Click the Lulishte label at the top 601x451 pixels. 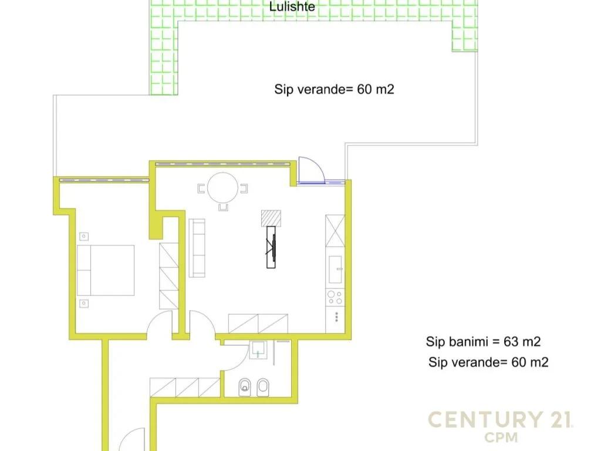point(292,7)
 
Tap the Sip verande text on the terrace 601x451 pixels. point(334,89)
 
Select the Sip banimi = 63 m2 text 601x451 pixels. point(483,341)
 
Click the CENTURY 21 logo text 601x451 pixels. point(501,420)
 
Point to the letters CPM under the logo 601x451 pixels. point(501,437)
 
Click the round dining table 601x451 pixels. point(223,187)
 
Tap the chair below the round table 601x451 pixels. point(223,207)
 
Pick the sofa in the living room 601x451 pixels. point(197,248)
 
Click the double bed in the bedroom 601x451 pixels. point(106,270)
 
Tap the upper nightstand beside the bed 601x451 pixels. point(84,237)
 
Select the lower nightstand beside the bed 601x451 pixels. point(84,303)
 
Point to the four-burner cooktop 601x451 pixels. point(335,297)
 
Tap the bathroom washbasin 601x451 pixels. point(258,351)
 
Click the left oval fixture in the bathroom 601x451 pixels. point(245,387)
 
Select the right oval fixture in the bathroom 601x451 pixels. point(263,387)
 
